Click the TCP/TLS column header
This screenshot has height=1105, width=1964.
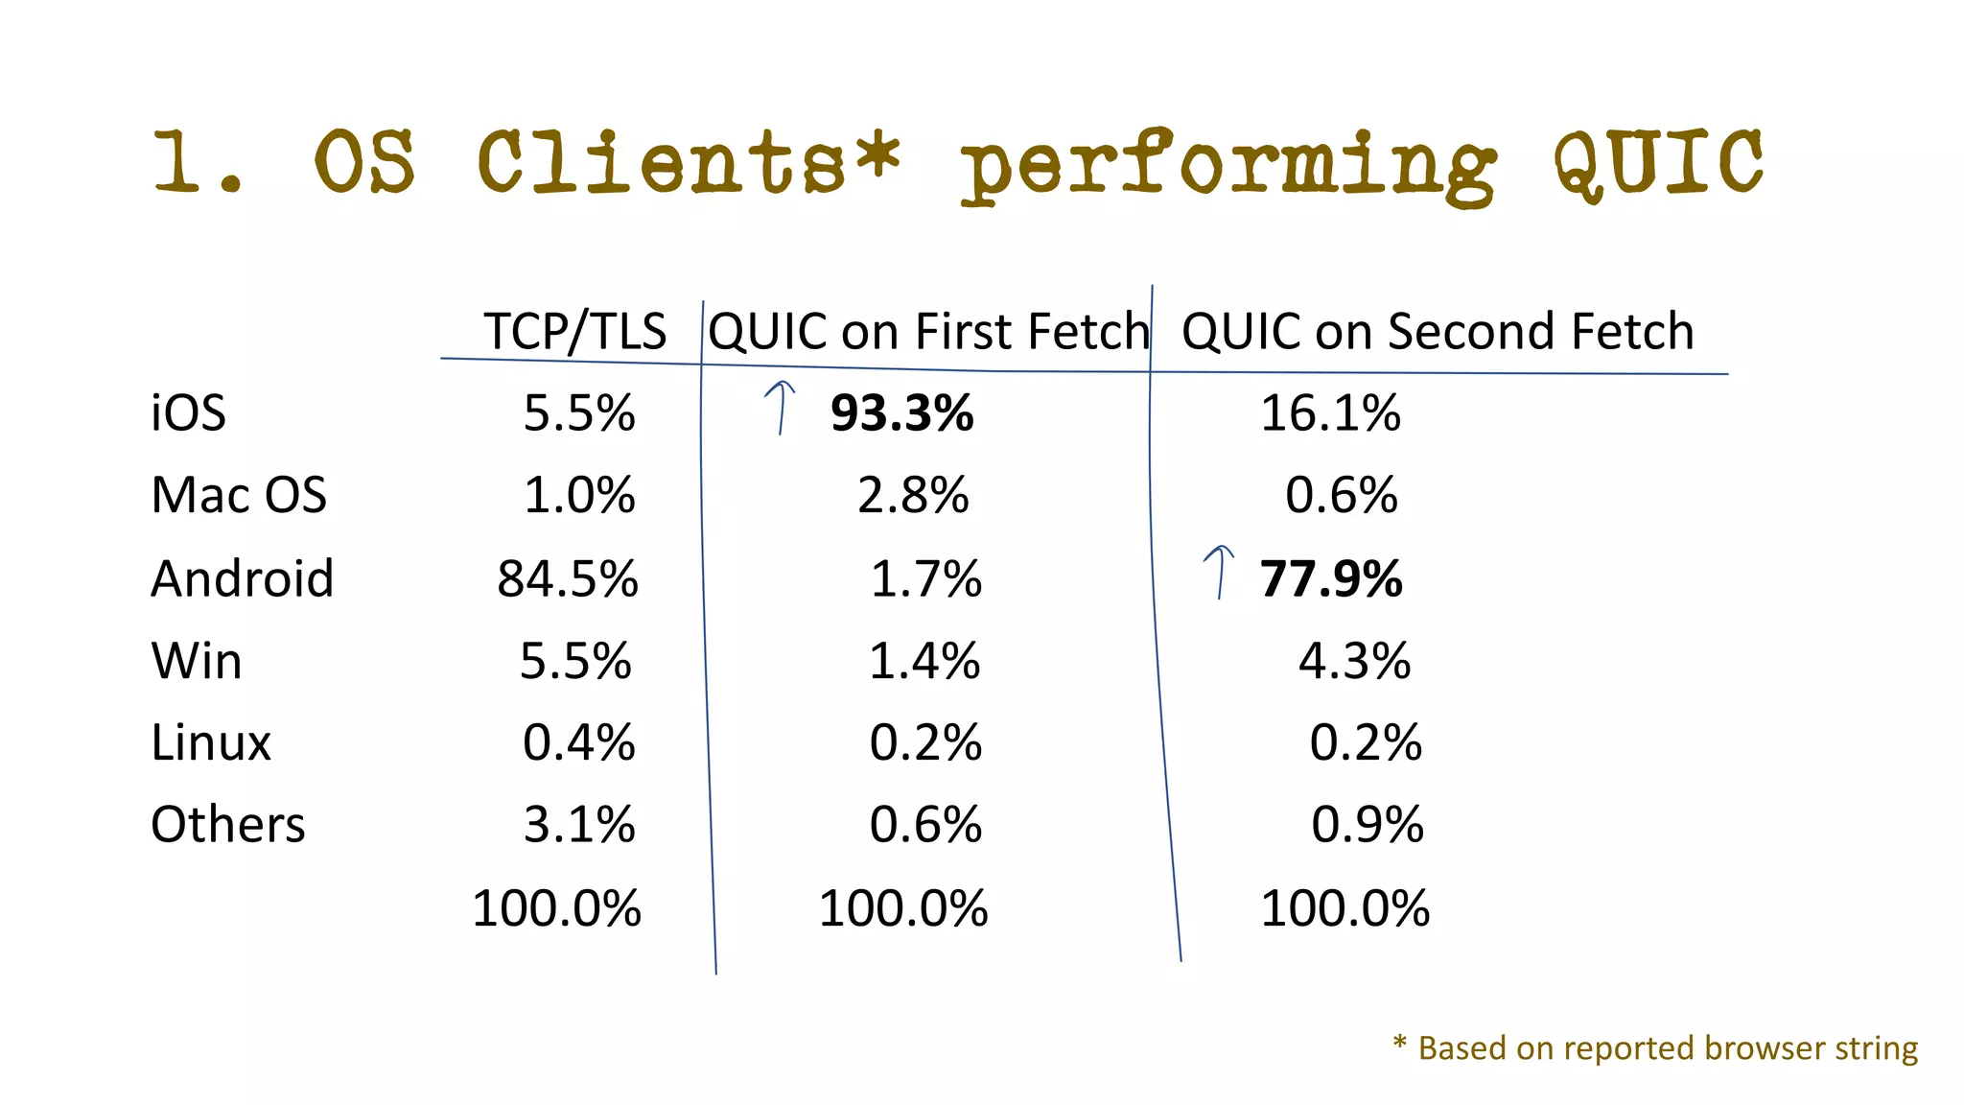click(574, 332)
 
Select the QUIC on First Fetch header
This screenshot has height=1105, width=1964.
click(928, 332)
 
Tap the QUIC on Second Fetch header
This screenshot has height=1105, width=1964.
click(1437, 332)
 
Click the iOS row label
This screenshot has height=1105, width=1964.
click(188, 413)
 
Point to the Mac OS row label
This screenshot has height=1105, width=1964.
click(239, 496)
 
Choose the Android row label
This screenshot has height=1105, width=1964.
click(243, 579)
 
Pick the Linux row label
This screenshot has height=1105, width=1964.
click(211, 743)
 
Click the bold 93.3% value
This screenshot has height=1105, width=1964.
click(901, 413)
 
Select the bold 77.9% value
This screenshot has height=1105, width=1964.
click(1331, 579)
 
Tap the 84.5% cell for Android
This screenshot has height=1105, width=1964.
click(568, 579)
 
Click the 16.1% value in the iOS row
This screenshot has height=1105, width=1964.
click(1330, 413)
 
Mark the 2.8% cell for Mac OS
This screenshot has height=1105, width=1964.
click(913, 496)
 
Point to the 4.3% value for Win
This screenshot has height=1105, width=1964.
click(1354, 662)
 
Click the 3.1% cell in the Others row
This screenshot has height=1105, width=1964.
click(579, 825)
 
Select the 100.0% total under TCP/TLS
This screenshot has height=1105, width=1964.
click(556, 908)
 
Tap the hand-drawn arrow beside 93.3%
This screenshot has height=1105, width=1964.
click(781, 407)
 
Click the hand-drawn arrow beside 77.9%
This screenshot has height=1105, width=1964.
click(1219, 572)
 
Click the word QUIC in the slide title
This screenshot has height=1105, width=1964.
click(1659, 163)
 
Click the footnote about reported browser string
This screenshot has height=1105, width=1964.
click(1656, 1048)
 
